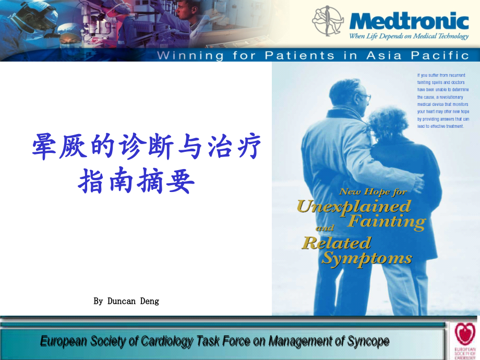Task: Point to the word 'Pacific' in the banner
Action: coord(441,55)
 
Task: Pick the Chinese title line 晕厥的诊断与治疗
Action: coord(147,147)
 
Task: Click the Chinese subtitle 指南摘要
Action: coord(137,181)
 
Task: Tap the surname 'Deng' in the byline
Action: coord(150,301)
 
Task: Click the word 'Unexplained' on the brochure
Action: coord(354,206)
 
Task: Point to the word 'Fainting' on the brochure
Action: coord(387,222)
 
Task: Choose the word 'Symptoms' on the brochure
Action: coord(367,258)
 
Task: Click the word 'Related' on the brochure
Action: coord(337,243)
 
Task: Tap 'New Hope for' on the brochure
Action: coord(373,191)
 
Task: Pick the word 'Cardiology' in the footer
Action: coord(169,341)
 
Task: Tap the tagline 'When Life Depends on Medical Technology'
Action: coord(409,36)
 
